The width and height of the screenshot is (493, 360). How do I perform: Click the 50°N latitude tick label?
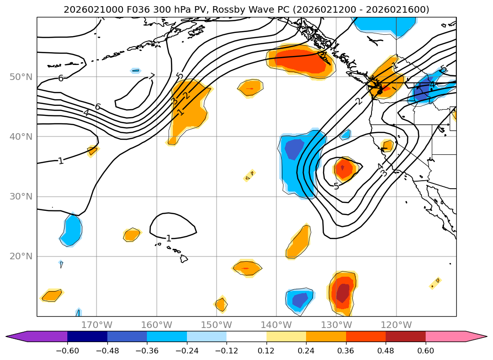(x=21, y=77)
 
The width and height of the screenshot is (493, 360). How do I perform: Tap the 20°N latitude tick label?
(x=21, y=256)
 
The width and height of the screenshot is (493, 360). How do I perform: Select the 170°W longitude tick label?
(x=97, y=325)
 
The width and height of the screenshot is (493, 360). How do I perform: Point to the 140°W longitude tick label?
(x=276, y=325)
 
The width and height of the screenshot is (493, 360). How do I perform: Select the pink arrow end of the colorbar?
(x=476, y=336)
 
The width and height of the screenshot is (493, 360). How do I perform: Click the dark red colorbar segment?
(x=405, y=336)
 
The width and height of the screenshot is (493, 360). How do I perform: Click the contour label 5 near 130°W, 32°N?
(x=336, y=186)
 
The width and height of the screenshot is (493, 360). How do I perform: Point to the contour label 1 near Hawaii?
(x=169, y=239)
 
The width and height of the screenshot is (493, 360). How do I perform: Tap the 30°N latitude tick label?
(x=21, y=197)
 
